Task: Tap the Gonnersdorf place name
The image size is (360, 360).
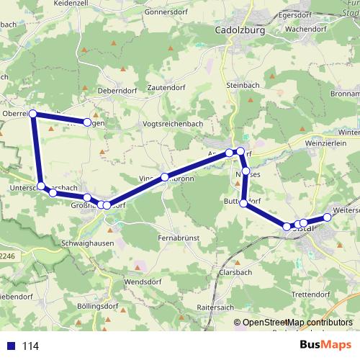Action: coord(166,12)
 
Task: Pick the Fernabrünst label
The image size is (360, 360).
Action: coord(178,237)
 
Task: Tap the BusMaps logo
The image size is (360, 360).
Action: coord(325,346)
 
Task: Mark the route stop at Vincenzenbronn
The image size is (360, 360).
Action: coord(165,177)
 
